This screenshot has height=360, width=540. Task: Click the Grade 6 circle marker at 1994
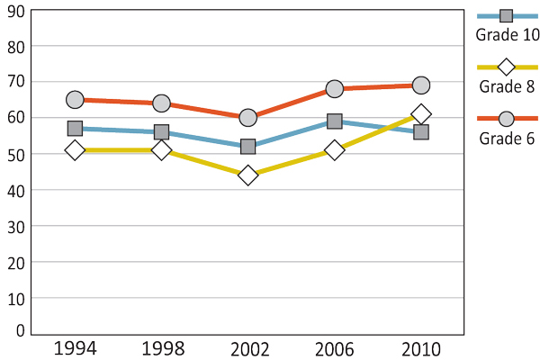click(x=75, y=100)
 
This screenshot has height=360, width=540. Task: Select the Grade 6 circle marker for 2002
click(x=247, y=118)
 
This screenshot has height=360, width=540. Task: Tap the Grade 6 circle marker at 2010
click(x=420, y=85)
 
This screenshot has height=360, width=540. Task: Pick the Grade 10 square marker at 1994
click(x=75, y=129)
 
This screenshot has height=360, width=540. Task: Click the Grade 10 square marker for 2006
click(x=334, y=121)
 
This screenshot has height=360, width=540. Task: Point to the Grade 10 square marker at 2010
click(x=420, y=132)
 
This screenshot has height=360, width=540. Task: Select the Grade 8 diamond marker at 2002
click(x=247, y=175)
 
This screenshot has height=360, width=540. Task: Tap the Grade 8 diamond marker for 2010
click(x=420, y=114)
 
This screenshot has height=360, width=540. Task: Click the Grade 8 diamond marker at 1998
click(x=161, y=150)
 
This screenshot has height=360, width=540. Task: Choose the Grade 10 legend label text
click(x=506, y=35)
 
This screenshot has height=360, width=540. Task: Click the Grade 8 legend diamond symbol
click(x=506, y=67)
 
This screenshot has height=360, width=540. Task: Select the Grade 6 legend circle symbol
click(x=506, y=119)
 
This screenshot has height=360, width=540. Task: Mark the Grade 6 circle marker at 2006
click(x=334, y=89)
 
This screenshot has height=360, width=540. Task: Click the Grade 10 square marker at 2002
click(x=247, y=147)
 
